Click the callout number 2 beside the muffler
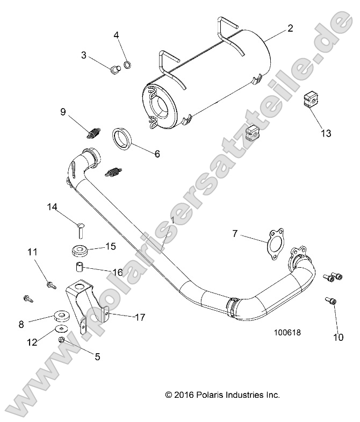pyautogui.click(x=290, y=28)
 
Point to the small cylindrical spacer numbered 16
pyautogui.click(x=79, y=267)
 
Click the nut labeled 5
pyautogui.click(x=62, y=340)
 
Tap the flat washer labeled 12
pyautogui.click(x=62, y=328)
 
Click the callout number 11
pyautogui.click(x=32, y=251)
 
